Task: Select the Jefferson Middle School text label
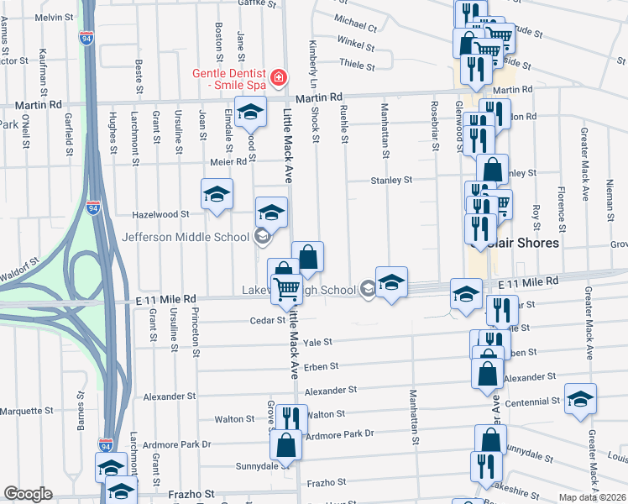pyautogui.click(x=186, y=237)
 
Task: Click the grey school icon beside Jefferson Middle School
pyautogui.click(x=262, y=237)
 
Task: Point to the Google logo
pyautogui.click(x=28, y=494)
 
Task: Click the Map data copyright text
pyautogui.click(x=593, y=497)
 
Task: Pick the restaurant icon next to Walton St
pyautogui.click(x=290, y=417)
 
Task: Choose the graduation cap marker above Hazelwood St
pyautogui.click(x=217, y=193)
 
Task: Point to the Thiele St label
pyautogui.click(x=356, y=63)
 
